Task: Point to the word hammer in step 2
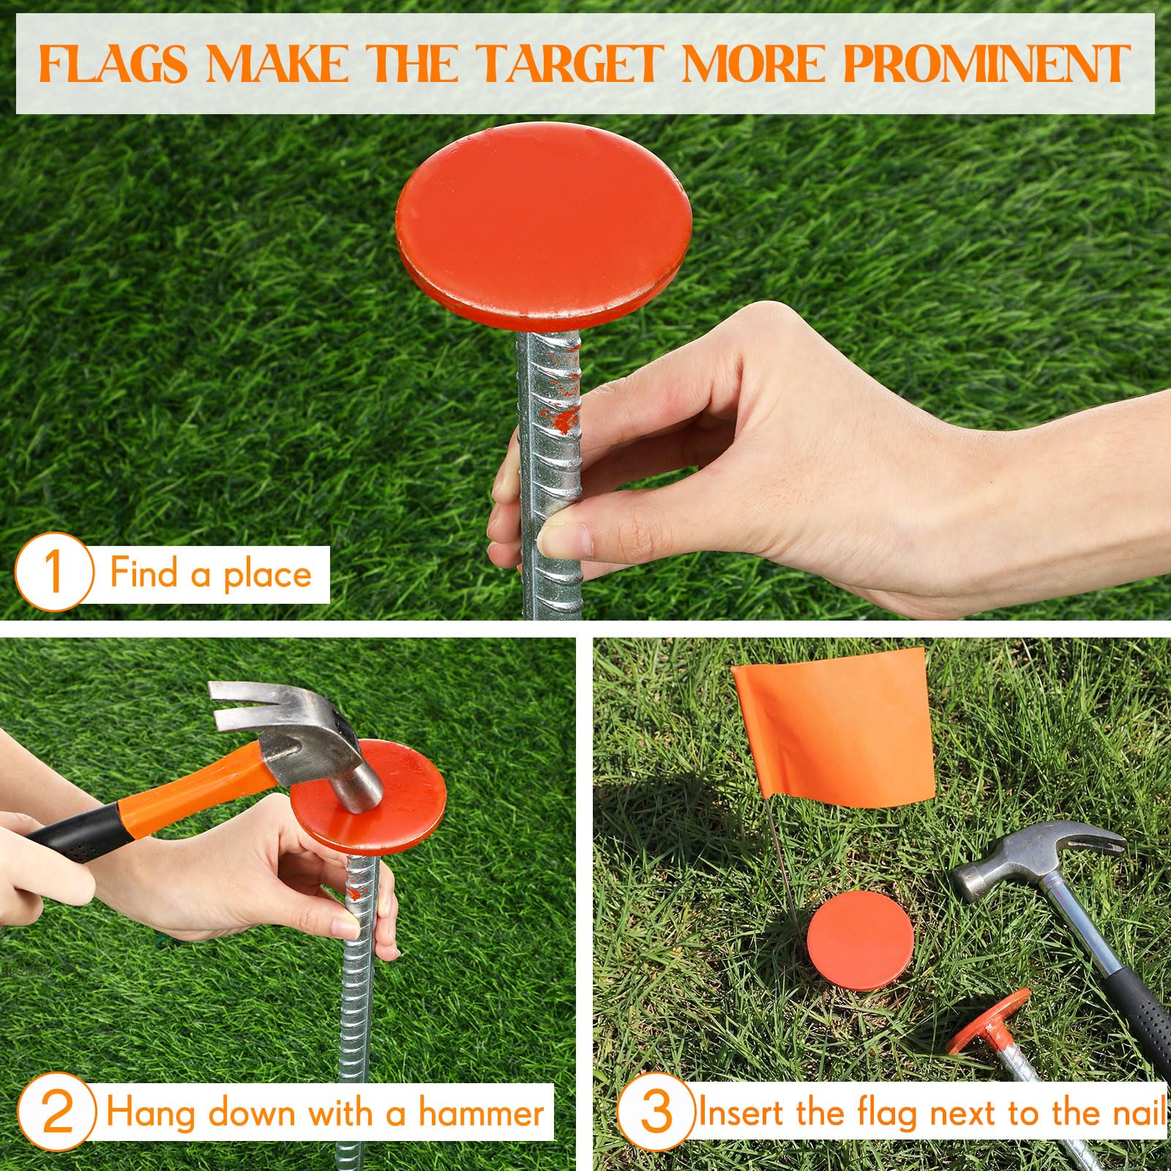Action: [x=481, y=1113]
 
